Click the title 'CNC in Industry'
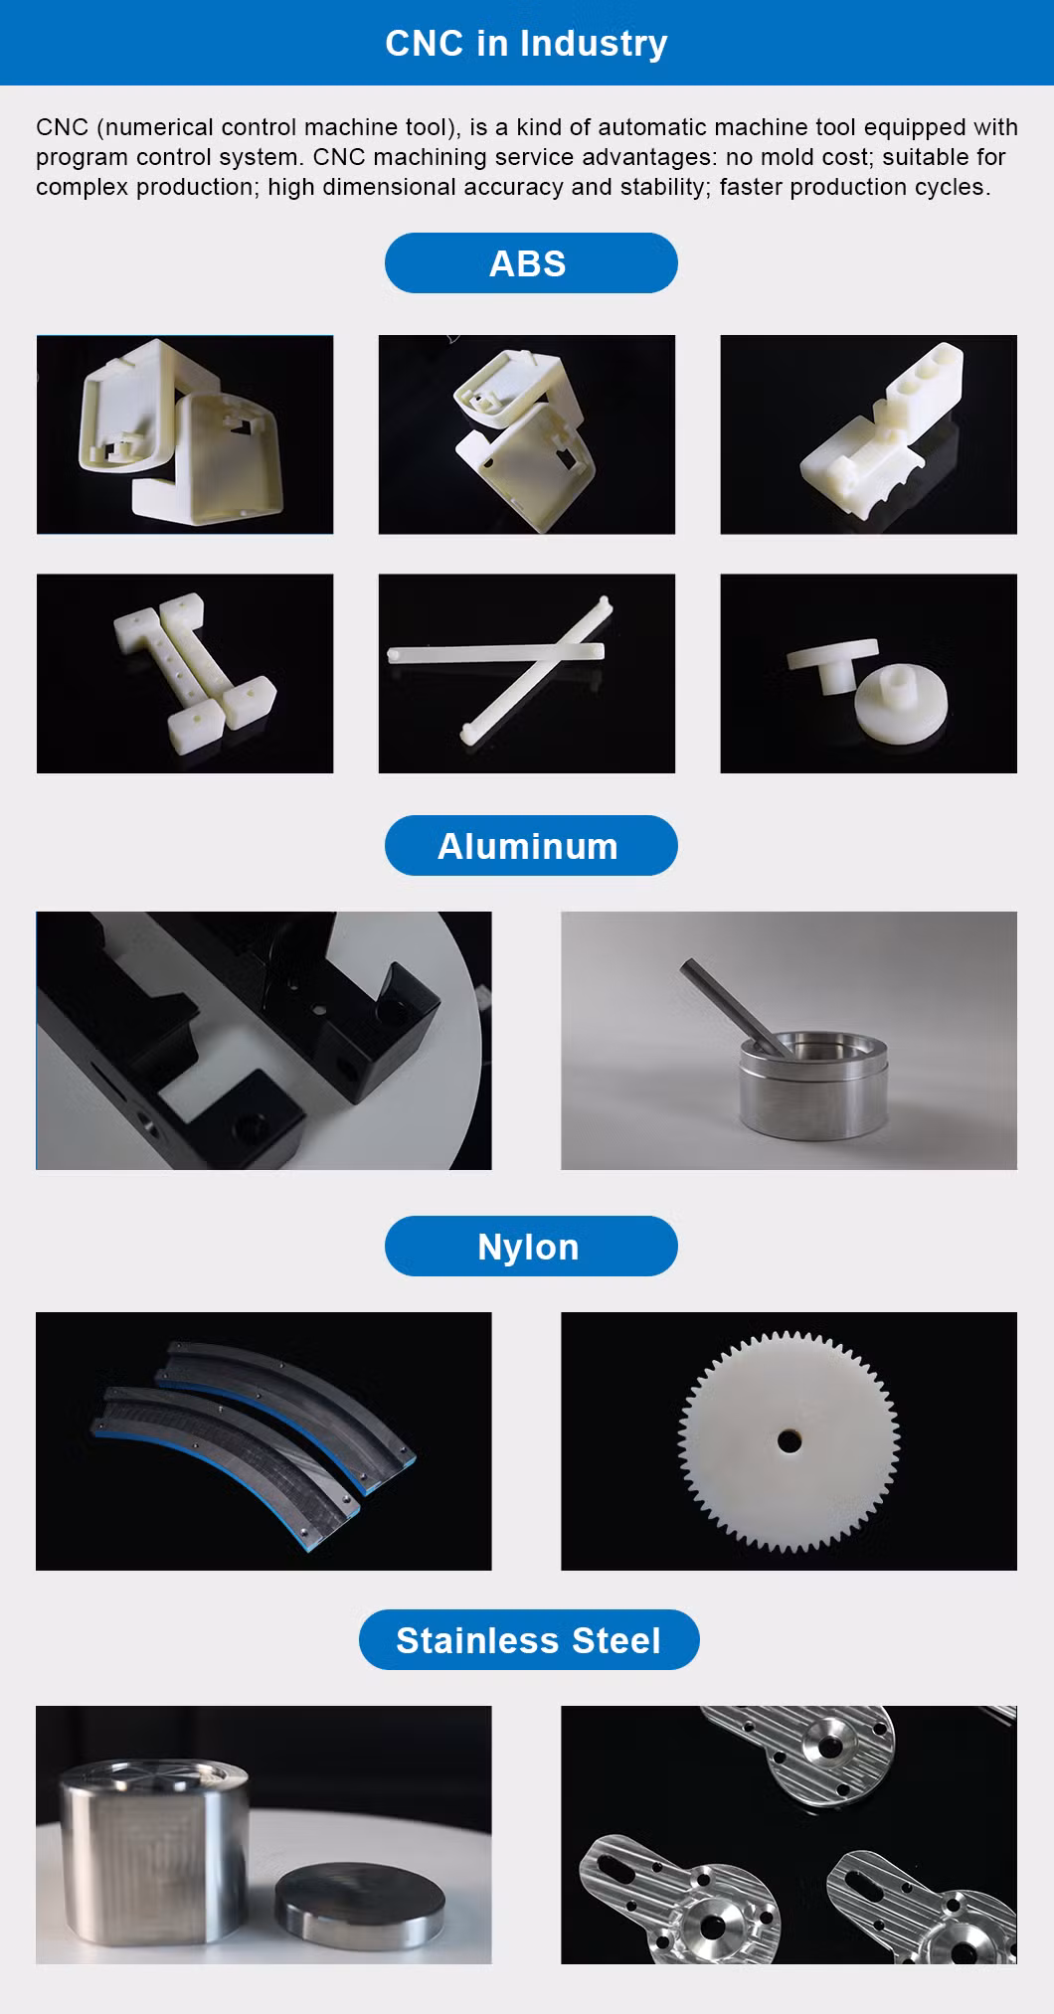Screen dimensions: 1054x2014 (526, 43)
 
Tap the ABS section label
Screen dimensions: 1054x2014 (528, 263)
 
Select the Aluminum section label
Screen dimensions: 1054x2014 (528, 846)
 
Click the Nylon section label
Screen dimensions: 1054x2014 (528, 1247)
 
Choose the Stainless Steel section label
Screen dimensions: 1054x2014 (528, 1640)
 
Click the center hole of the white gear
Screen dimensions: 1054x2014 (789, 1440)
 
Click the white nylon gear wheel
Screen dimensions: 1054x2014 (789, 1440)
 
